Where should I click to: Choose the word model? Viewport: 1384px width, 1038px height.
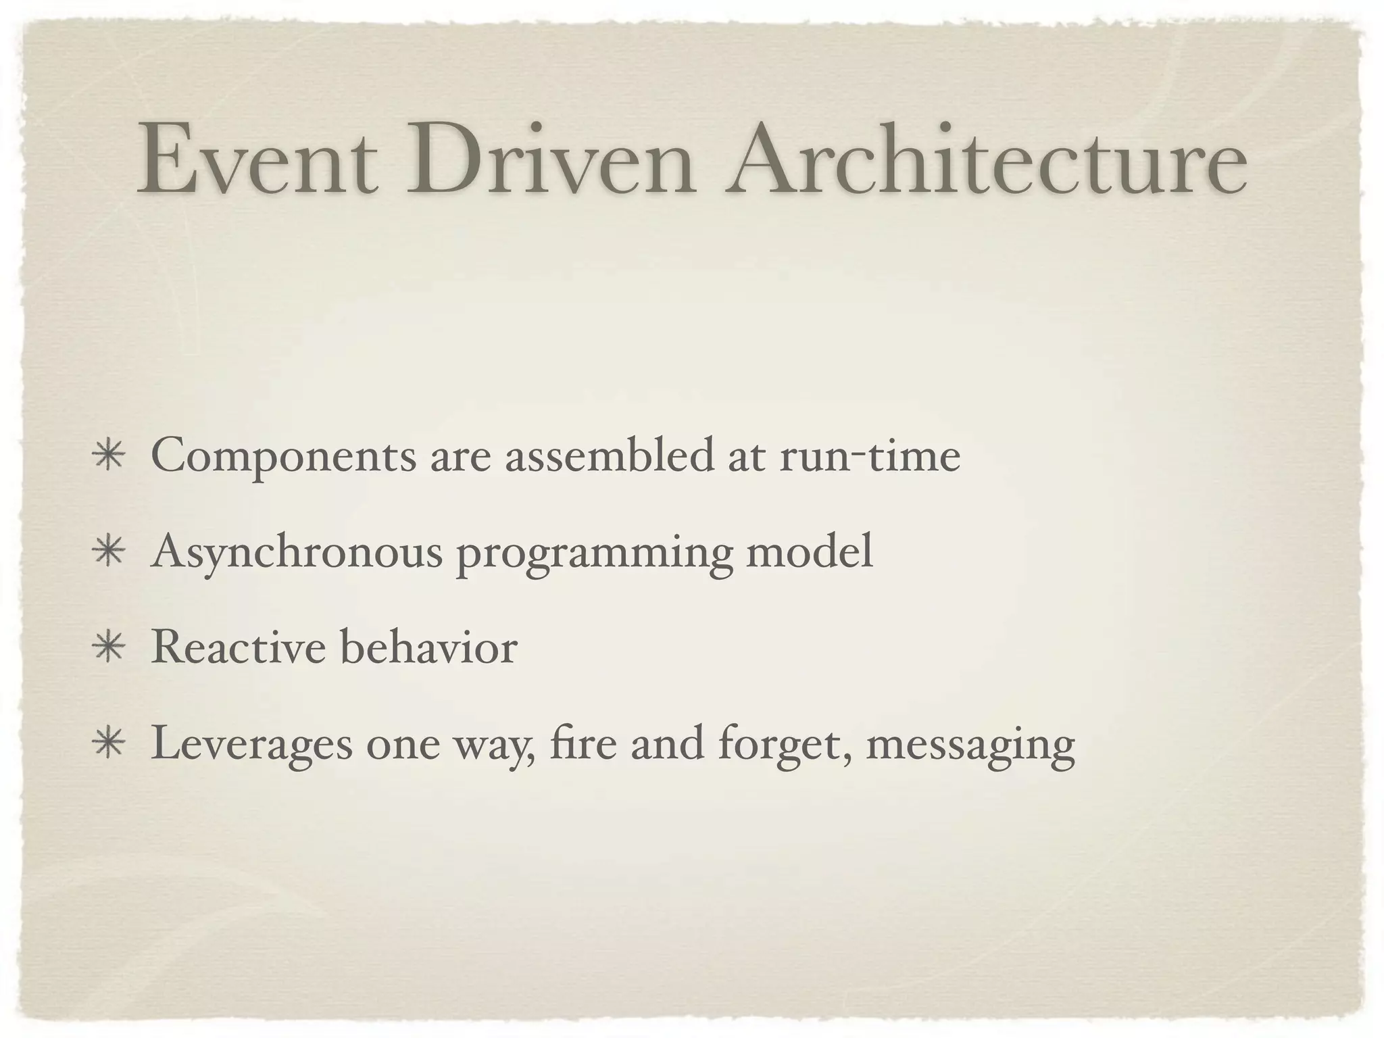click(x=809, y=551)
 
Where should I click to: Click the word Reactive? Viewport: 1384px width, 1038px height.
click(x=239, y=647)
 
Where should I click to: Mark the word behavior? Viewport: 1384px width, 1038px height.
click(x=428, y=647)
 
